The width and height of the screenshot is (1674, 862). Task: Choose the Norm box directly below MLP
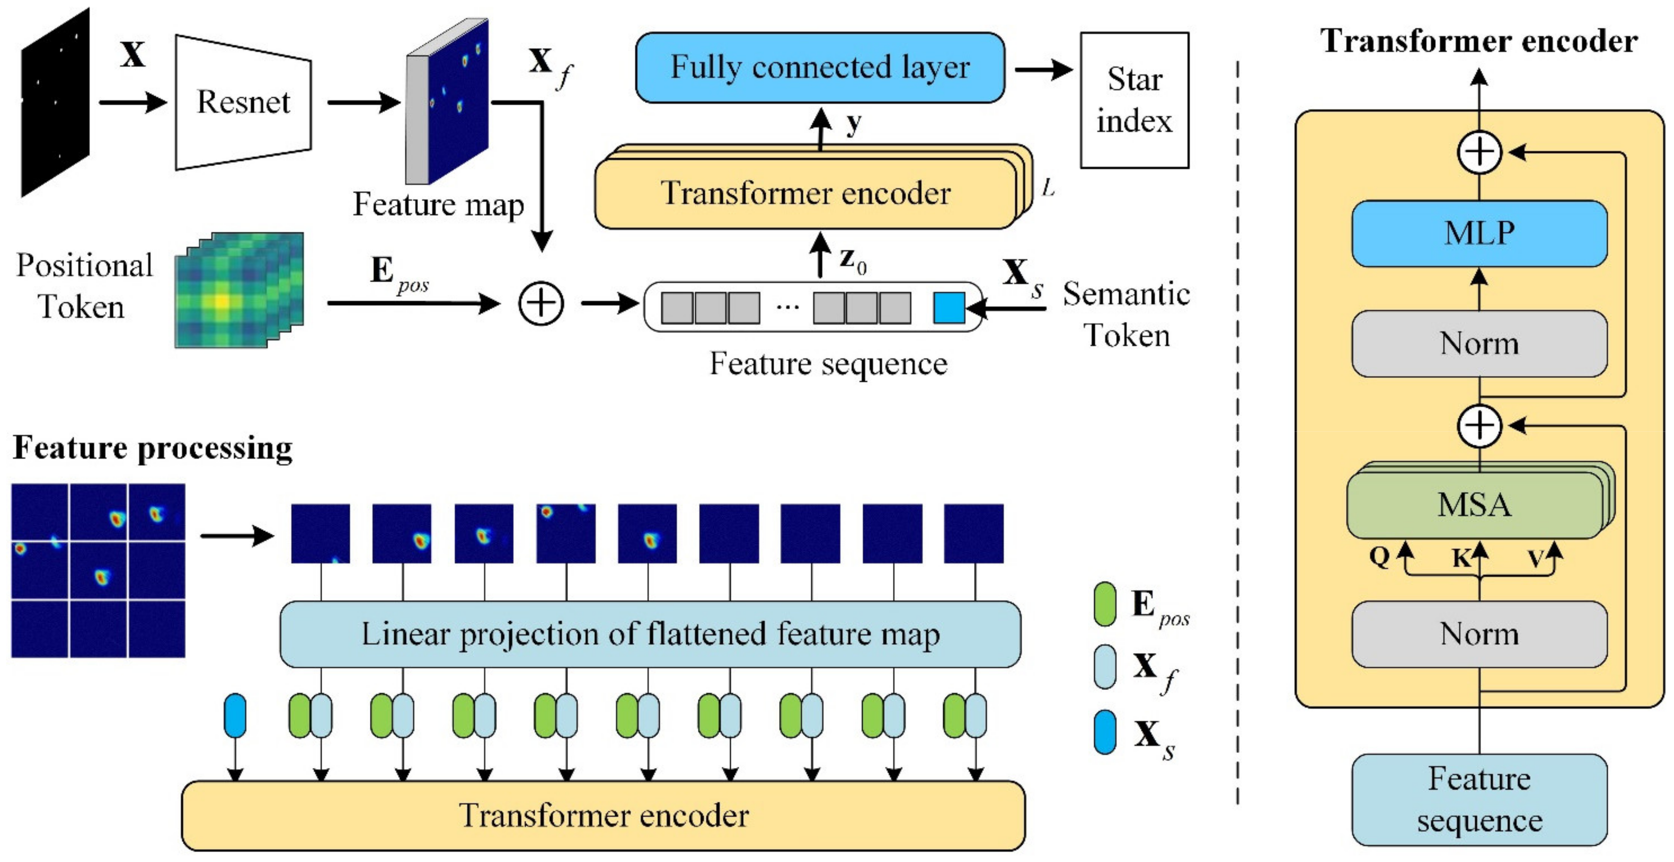click(x=1479, y=343)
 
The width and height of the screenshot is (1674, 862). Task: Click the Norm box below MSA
click(x=1479, y=633)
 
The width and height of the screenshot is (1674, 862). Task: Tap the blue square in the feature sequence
click(x=949, y=307)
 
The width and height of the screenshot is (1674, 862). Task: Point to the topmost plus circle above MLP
click(x=1480, y=153)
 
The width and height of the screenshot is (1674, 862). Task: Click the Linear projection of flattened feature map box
click(x=650, y=634)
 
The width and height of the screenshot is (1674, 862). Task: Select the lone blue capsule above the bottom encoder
click(x=235, y=715)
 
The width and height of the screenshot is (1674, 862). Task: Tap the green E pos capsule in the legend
click(x=1105, y=604)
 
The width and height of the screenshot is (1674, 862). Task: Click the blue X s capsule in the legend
click(x=1105, y=732)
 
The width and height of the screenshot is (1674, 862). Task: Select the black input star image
click(x=55, y=103)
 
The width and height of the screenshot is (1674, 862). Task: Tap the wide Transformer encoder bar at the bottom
click(x=603, y=815)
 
